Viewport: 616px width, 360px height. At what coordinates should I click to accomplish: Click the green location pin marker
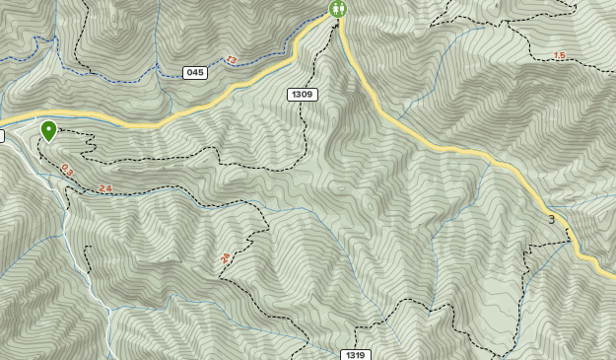pos(48,129)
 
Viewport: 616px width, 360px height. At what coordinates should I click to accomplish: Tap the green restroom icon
pos(338,9)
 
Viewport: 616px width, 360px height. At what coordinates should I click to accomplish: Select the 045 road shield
pos(195,73)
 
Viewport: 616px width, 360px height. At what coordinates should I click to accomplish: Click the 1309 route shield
pos(303,95)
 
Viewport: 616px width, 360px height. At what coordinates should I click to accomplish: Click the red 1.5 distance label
pos(559,56)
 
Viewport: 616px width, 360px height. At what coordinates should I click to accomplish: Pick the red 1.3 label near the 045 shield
pos(231,60)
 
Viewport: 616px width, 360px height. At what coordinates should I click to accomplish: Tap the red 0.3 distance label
pos(67,170)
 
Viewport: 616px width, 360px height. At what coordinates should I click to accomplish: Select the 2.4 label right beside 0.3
pos(105,188)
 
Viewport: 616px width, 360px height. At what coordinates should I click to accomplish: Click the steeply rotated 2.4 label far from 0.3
pos(225,258)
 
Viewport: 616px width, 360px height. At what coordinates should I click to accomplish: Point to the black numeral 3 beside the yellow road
pos(551,219)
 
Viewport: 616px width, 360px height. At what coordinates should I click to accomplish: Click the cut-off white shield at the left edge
pos(2,136)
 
